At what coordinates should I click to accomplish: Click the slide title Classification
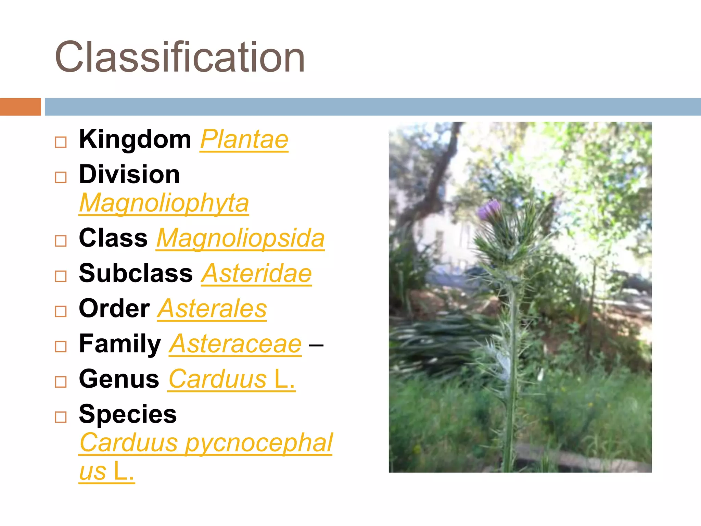coord(180,57)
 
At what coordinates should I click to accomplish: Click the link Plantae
coord(244,139)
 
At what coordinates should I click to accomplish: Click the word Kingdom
coord(135,139)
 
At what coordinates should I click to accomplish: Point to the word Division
coord(129,174)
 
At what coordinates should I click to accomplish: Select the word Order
coord(114,309)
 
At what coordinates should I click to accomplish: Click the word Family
coord(120,344)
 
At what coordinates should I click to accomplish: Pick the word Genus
coord(119,379)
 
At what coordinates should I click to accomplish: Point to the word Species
coord(128,414)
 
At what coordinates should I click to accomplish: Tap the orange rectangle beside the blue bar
coord(20,107)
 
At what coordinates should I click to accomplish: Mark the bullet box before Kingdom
coord(61,142)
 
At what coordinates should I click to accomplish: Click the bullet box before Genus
coord(61,381)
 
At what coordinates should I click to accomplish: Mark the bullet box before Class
coord(61,241)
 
